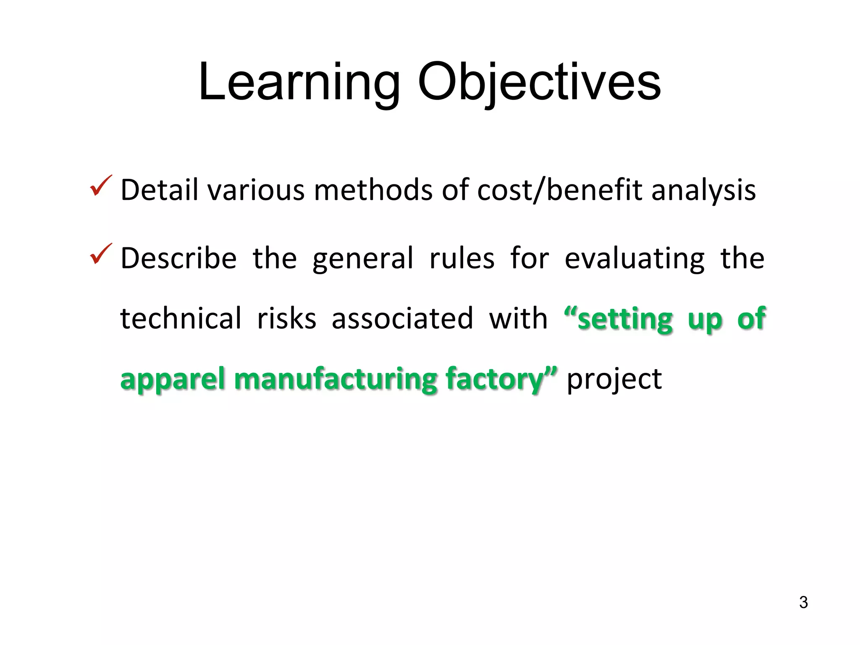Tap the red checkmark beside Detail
coord(101,186)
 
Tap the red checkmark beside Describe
coord(101,254)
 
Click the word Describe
coord(178,258)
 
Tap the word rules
coord(462,258)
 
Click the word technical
coord(181,318)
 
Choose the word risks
coord(286,318)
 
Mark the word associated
coord(402,318)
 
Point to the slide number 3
coord(803,603)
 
